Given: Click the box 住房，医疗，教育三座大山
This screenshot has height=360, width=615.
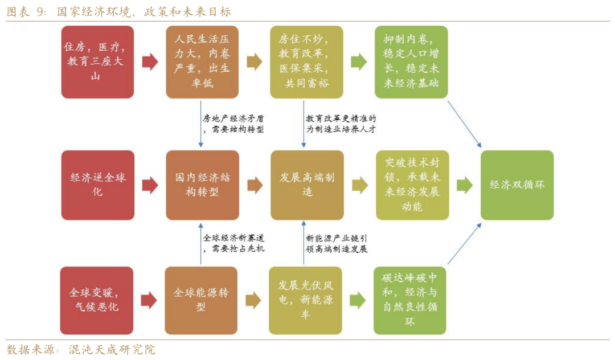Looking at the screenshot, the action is (98, 62).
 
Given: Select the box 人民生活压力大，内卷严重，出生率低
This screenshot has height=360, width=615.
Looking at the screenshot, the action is (202, 62).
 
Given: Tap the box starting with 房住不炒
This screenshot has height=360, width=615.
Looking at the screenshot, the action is (306, 62).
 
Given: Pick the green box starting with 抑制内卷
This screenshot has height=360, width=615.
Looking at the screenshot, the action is (411, 62).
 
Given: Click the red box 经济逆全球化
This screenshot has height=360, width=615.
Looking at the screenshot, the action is (98, 185).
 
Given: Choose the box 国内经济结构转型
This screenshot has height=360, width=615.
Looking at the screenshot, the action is (202, 185).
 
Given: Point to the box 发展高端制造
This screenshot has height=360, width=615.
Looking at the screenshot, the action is (307, 185).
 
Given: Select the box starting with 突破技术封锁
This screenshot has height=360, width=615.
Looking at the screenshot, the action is (412, 185).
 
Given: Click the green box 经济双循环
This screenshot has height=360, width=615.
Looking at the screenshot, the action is (517, 185).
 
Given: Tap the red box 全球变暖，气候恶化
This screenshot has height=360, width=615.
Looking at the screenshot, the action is (96, 300).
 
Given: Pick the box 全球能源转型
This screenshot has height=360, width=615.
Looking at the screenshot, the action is (201, 300).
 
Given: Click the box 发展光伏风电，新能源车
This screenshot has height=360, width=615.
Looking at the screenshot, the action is (305, 300).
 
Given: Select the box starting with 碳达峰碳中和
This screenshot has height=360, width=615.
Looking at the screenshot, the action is (410, 300).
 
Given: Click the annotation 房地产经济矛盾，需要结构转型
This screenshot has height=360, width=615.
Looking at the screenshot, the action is (233, 124).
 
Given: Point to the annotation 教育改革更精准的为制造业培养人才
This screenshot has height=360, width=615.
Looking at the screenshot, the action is (341, 124).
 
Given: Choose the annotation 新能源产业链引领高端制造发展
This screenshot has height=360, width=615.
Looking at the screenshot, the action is (337, 244).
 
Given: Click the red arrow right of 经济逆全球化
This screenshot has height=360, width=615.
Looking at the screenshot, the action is (150, 185).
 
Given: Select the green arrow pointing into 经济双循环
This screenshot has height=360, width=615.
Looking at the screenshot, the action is (465, 185).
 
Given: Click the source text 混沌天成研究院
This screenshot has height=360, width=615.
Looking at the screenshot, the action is (112, 350).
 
